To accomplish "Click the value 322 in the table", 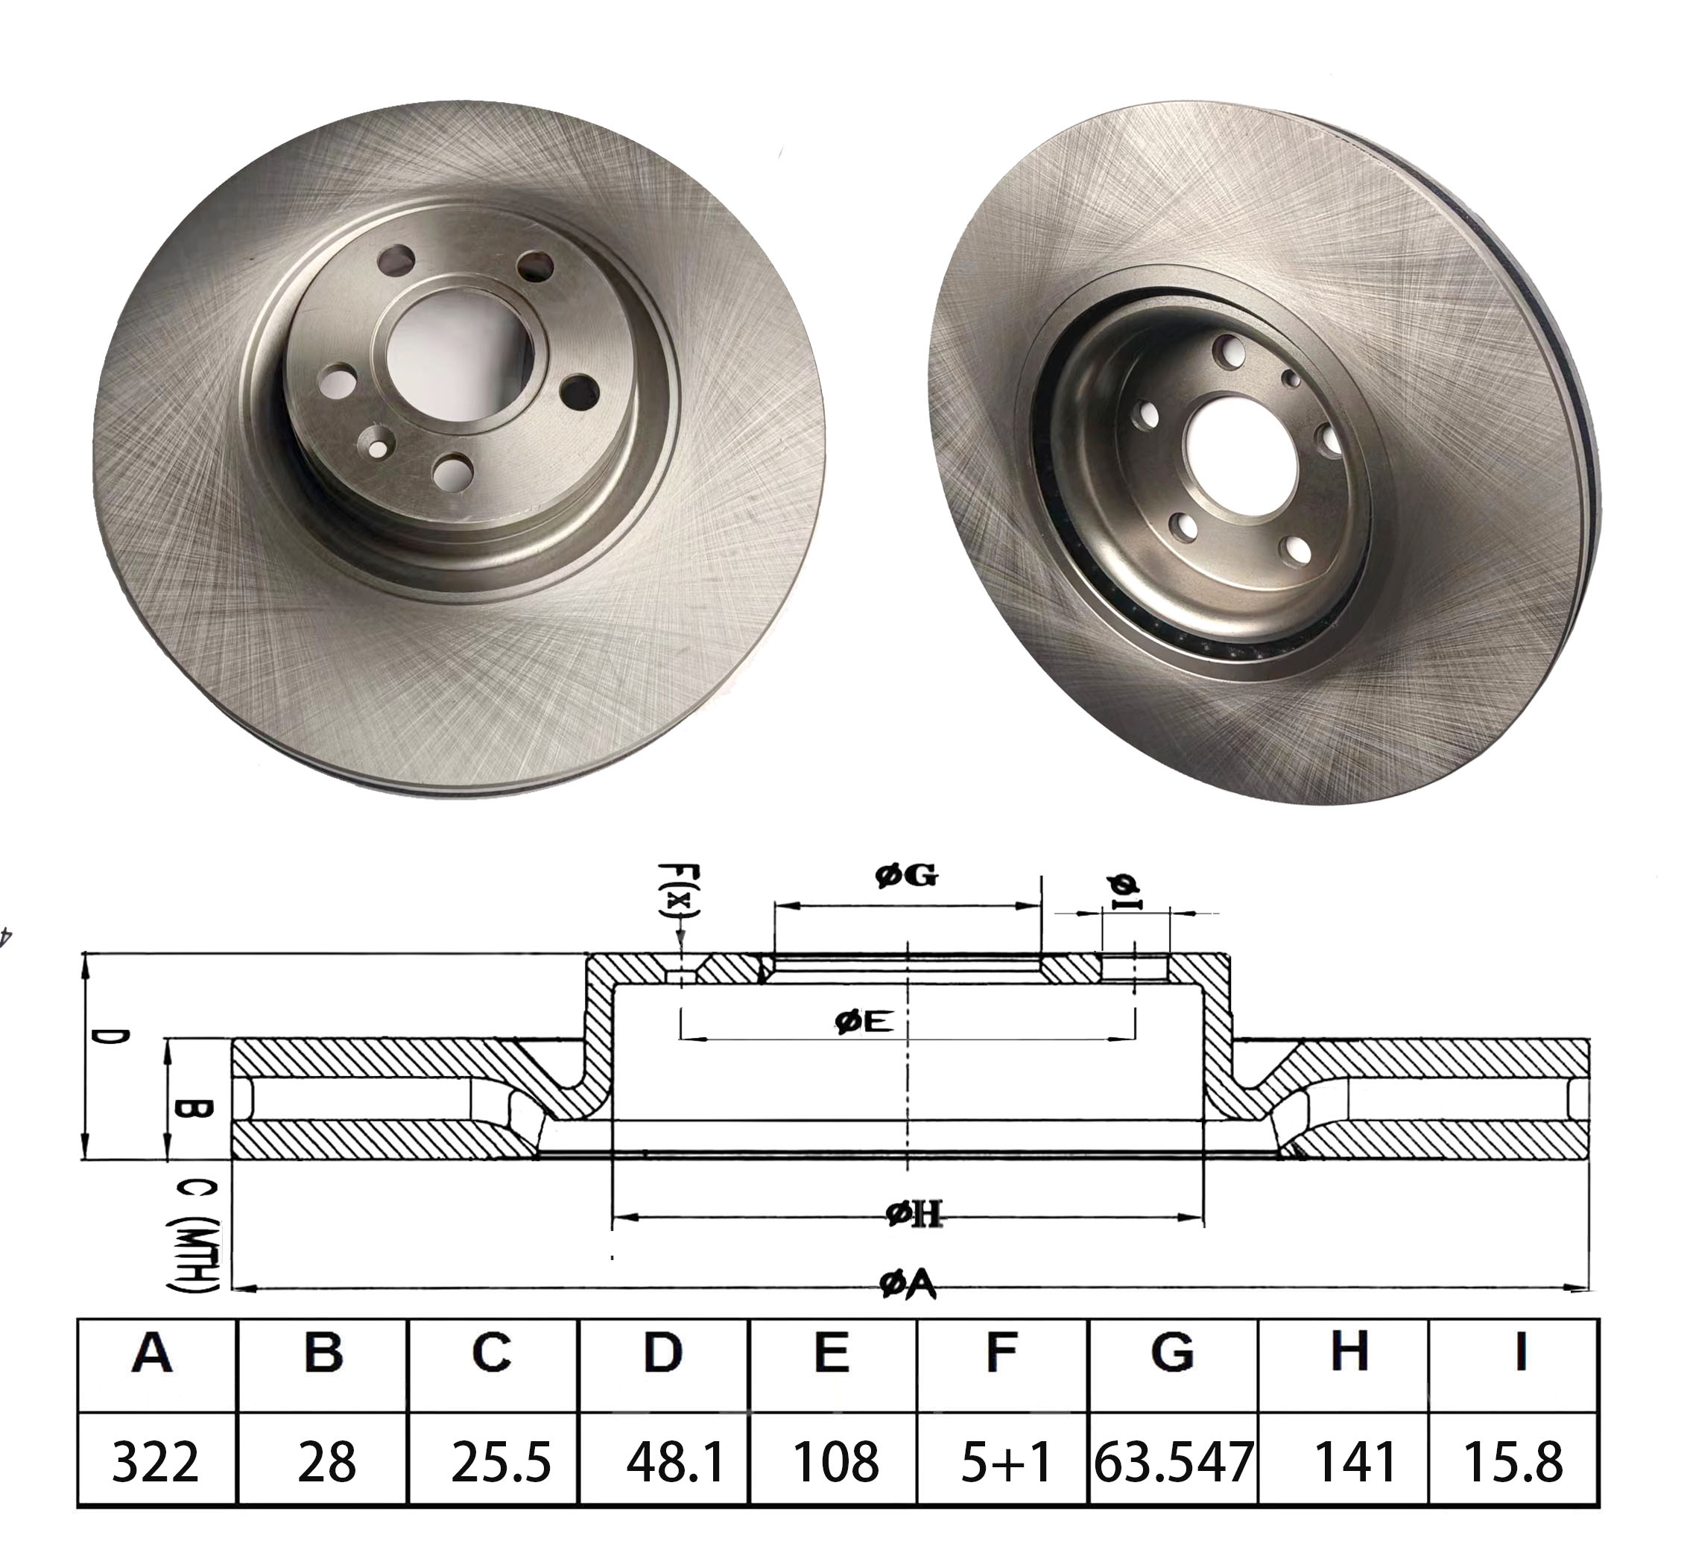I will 156,1462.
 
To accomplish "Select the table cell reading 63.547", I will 1173,1462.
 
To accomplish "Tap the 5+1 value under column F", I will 1004,1462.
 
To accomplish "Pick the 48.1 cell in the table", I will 674,1462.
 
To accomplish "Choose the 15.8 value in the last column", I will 1513,1462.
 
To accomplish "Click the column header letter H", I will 1349,1352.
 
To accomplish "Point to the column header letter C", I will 491,1352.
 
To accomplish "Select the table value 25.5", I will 501,1462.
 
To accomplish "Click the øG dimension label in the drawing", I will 907,876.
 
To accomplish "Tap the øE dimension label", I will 864,1021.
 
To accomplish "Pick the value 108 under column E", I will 835,1462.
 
